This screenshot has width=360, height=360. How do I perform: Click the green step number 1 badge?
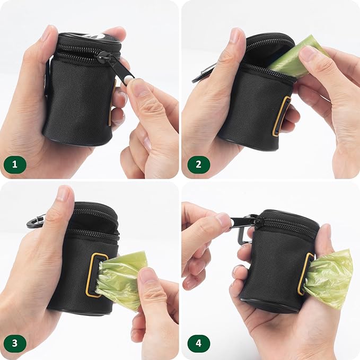click(15, 164)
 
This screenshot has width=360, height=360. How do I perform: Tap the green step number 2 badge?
click(199, 164)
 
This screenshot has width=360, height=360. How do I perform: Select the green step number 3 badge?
click(15, 344)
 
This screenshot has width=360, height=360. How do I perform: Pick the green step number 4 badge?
click(199, 344)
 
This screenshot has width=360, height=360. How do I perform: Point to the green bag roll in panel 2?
click(296, 56)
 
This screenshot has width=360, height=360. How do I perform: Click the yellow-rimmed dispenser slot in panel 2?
click(280, 116)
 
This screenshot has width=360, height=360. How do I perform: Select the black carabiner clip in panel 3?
click(36, 222)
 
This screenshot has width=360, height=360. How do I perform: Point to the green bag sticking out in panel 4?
click(328, 279)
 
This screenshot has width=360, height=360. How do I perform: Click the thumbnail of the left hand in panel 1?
click(47, 33)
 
